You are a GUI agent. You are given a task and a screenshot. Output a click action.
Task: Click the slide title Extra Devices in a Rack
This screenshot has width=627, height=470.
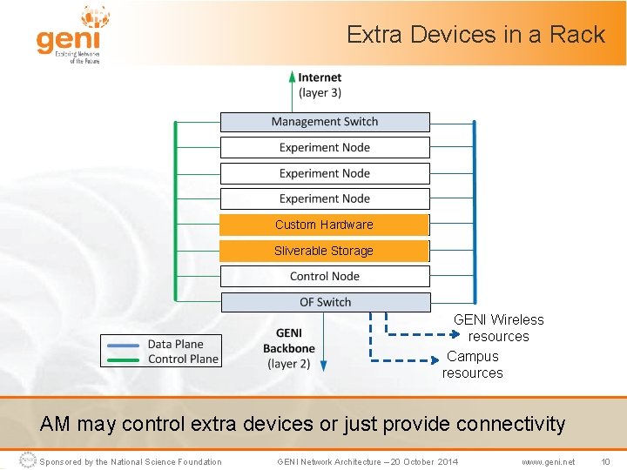(475, 35)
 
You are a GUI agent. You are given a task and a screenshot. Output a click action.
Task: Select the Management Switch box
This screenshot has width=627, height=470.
(325, 122)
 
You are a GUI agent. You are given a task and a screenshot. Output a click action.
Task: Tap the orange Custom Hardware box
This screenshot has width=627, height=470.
(324, 225)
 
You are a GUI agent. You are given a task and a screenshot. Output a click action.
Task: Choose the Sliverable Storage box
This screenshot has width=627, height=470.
(324, 251)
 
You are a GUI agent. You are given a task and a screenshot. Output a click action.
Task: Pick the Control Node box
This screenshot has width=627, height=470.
(325, 277)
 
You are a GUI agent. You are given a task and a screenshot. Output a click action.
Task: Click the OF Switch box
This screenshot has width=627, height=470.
(325, 303)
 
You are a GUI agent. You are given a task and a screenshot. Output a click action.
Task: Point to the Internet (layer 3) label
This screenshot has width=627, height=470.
(320, 85)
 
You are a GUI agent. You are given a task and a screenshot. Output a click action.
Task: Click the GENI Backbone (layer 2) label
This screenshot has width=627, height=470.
(288, 348)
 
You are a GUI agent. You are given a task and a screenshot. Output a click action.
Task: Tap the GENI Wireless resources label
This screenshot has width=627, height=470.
(498, 328)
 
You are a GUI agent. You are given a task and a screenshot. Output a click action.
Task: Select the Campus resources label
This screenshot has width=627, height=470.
(472, 365)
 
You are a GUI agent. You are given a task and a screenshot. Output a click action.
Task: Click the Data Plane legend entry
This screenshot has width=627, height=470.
(175, 345)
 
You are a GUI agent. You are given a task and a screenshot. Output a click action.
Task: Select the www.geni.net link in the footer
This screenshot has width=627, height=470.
(548, 461)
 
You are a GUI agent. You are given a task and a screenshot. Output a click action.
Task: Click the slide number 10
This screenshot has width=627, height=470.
(604, 461)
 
